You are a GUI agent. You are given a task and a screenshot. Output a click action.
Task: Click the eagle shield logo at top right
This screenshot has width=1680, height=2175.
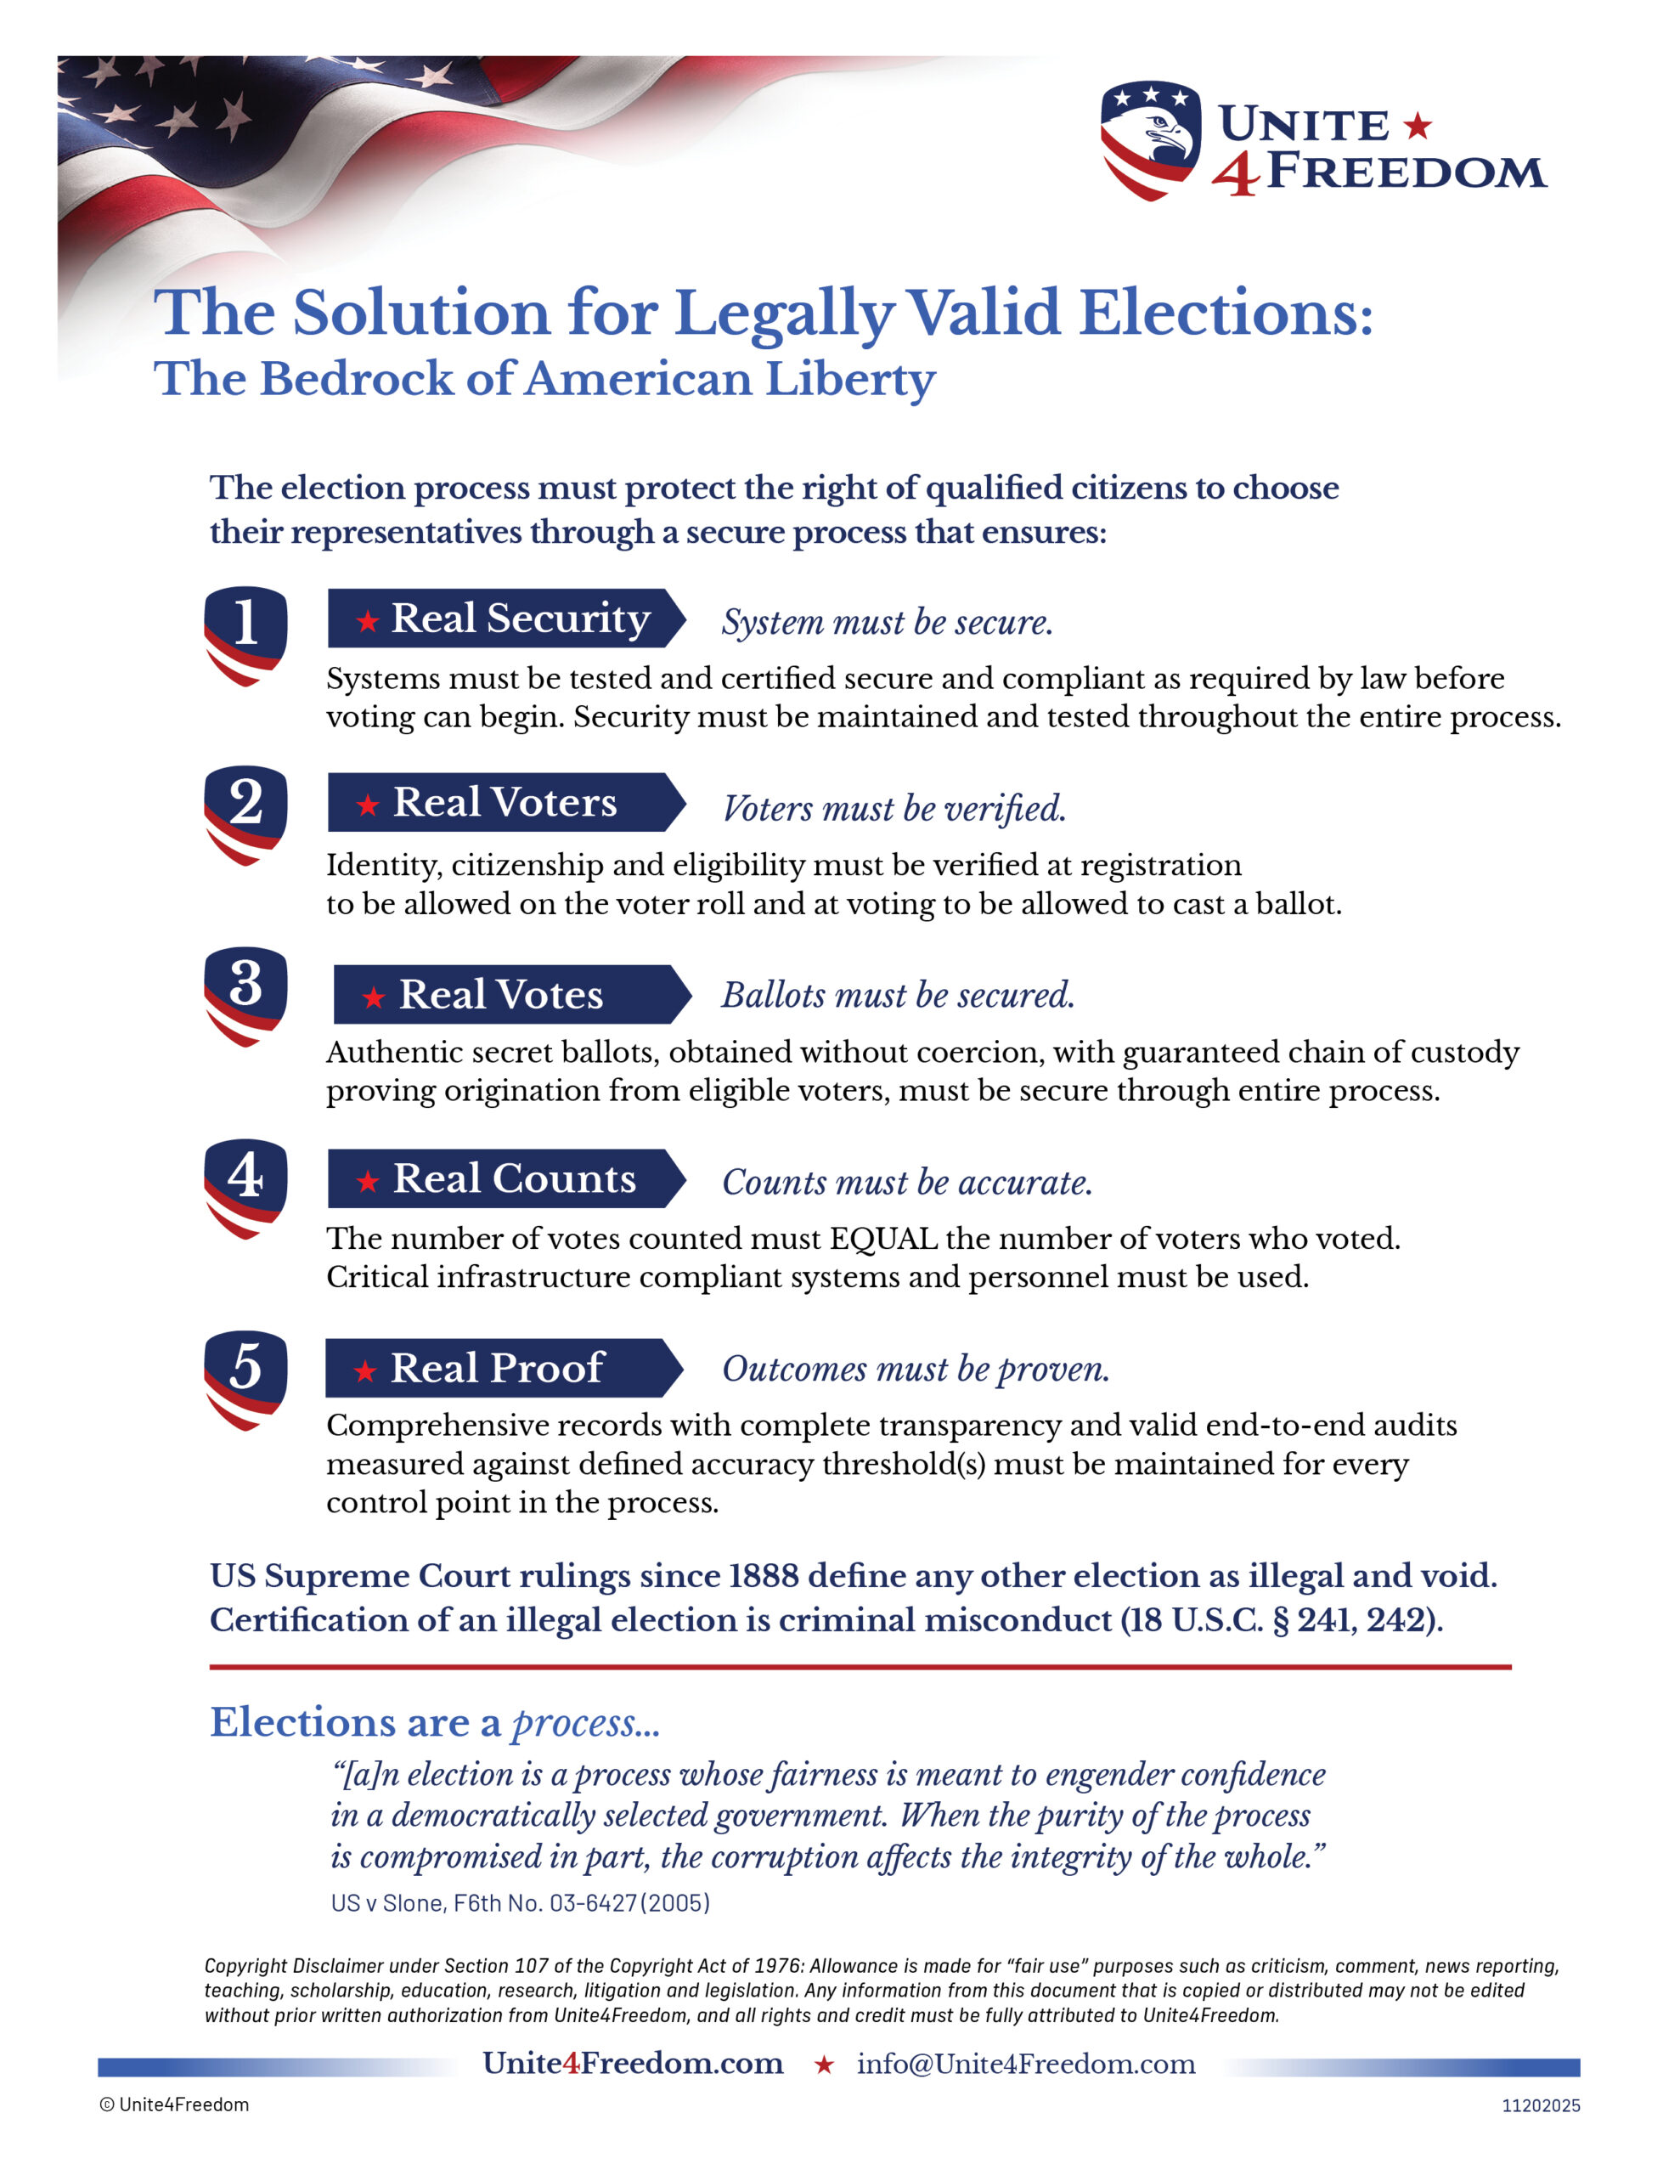(x=1149, y=139)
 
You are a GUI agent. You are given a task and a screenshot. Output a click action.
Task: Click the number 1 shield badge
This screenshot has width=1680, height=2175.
(x=245, y=635)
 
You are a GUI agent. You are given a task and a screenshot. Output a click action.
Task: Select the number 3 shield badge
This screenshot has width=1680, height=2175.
(x=245, y=995)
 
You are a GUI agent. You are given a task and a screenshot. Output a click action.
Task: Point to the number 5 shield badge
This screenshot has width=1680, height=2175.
(x=245, y=1379)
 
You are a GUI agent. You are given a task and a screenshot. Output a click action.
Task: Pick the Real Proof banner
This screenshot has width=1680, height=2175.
(x=503, y=1367)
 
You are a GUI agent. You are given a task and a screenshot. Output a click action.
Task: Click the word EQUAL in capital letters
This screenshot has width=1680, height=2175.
(x=882, y=1238)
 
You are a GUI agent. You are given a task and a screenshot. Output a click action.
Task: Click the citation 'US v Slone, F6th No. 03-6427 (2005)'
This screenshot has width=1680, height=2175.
(x=520, y=1903)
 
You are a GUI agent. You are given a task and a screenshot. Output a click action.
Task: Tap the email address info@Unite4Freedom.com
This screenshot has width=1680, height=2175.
(x=1026, y=2064)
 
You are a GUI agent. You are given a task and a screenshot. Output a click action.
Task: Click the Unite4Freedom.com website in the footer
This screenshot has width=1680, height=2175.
(x=633, y=2064)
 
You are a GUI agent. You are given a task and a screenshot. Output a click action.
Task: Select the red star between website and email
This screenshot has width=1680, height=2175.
(x=824, y=2065)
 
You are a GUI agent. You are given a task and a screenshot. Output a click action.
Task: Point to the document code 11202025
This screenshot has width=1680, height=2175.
(x=1540, y=2105)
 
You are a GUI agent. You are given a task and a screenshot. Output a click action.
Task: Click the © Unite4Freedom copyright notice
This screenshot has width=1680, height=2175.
(x=174, y=2104)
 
